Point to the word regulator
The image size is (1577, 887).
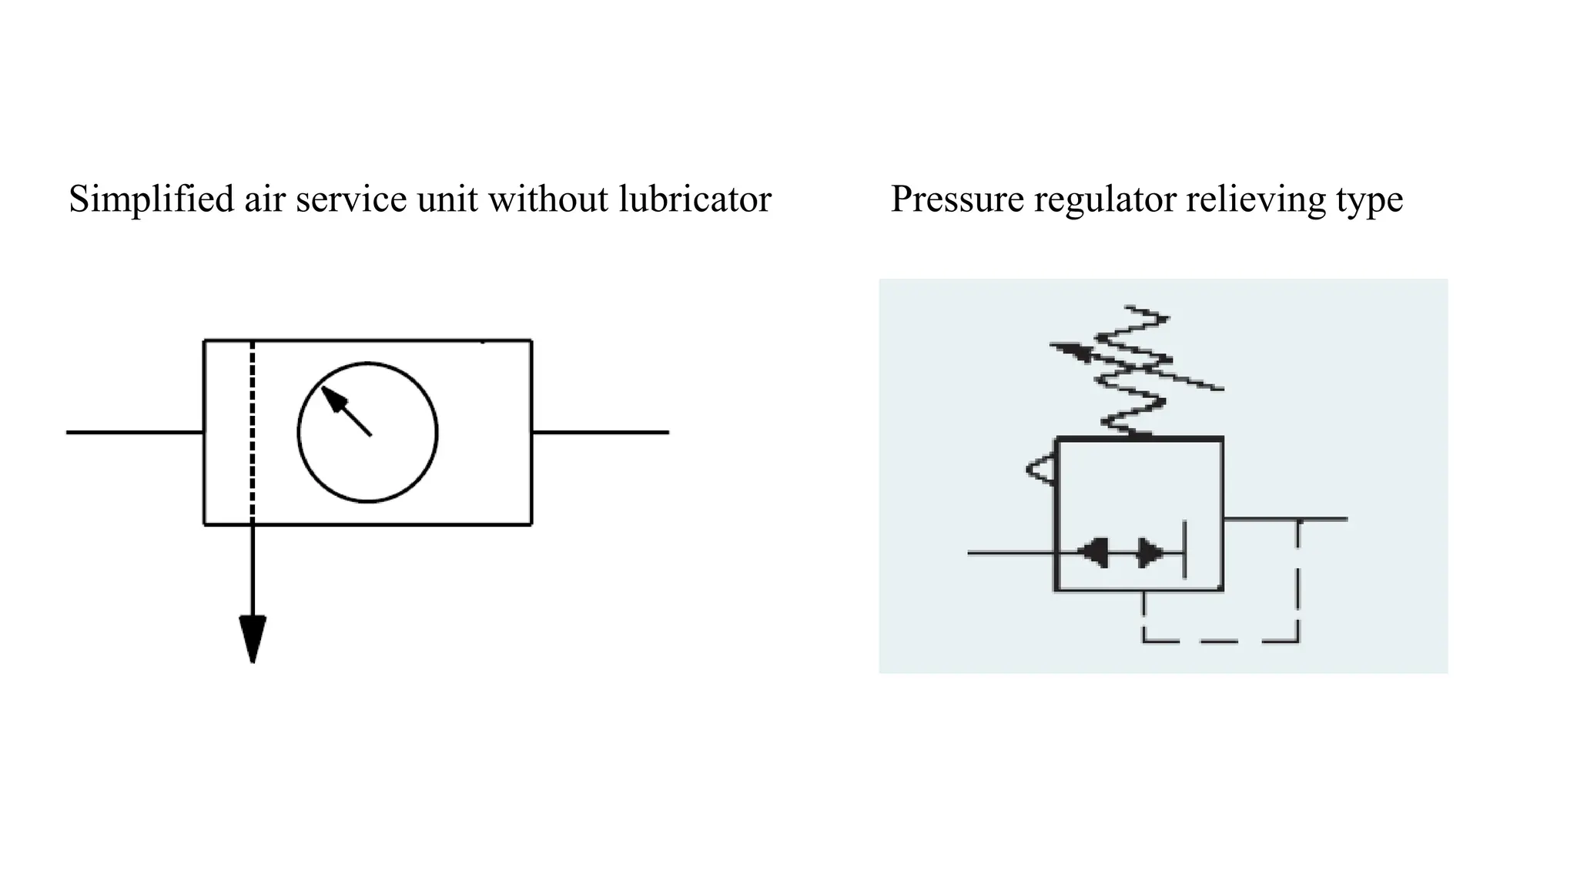pyautogui.click(x=1105, y=199)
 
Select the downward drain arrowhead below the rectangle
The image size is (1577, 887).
pyautogui.click(x=253, y=638)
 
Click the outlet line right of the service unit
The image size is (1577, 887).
pyautogui.click(x=601, y=433)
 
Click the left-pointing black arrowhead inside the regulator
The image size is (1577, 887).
pyautogui.click(x=1093, y=552)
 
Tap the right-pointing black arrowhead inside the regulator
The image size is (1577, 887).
pyautogui.click(x=1151, y=552)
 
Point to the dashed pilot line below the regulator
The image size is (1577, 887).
pyautogui.click(x=1220, y=641)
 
